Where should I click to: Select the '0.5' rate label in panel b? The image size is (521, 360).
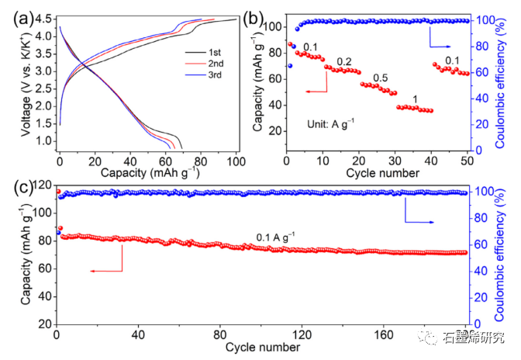[x=381, y=78]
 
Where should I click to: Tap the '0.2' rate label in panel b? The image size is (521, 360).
[x=343, y=61]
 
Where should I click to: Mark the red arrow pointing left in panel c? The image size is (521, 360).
[x=105, y=270]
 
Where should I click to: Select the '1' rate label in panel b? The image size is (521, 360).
[x=416, y=99]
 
